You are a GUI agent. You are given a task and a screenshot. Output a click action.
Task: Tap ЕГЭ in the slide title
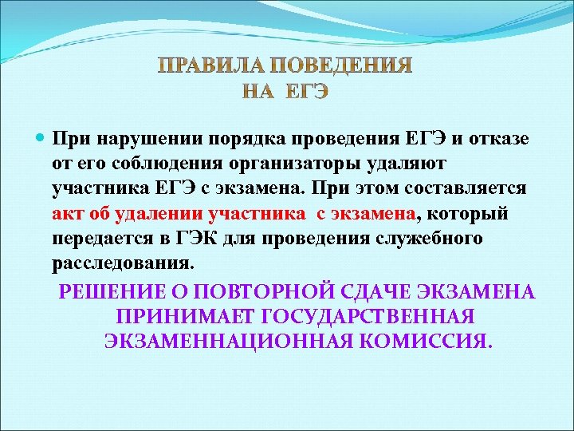[306, 91]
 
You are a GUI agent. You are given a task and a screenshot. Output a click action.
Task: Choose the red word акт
[66, 214]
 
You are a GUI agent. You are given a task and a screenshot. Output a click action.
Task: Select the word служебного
[434, 239]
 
